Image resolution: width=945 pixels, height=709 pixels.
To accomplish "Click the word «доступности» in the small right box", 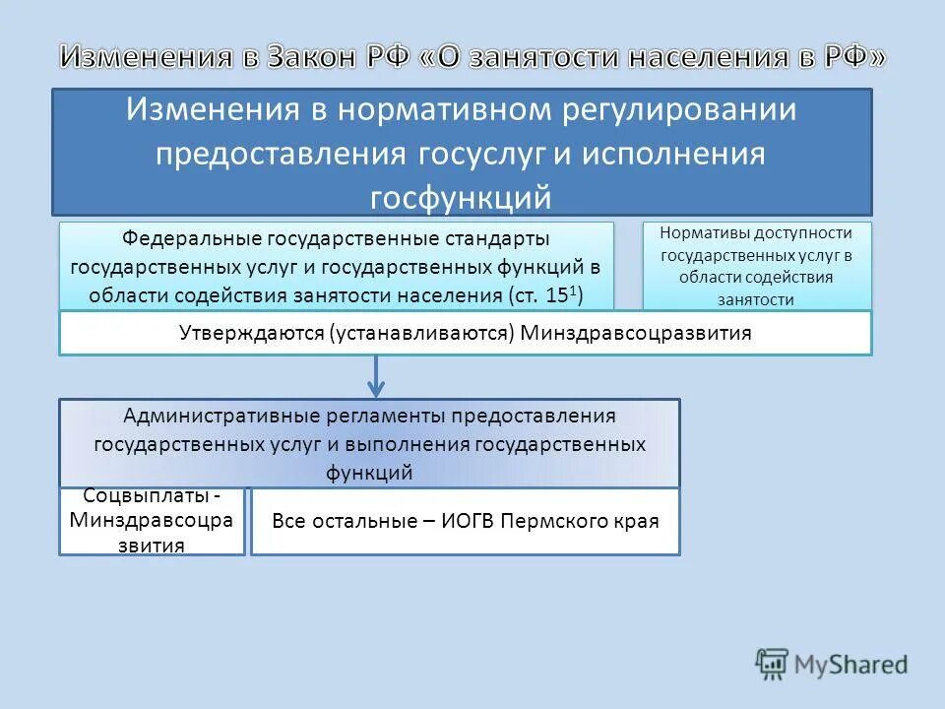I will click(x=806, y=234).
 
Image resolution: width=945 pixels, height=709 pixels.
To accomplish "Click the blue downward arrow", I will click(x=376, y=377).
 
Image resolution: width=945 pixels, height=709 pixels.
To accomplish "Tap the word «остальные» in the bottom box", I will click(x=366, y=521).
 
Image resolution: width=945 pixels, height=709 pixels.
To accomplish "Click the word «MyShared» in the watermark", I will click(x=851, y=666).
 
